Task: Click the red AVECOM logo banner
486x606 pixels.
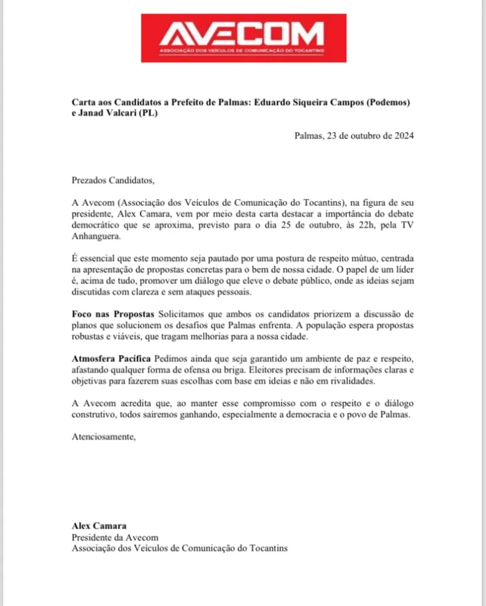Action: [243, 38]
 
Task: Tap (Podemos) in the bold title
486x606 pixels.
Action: [389, 102]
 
